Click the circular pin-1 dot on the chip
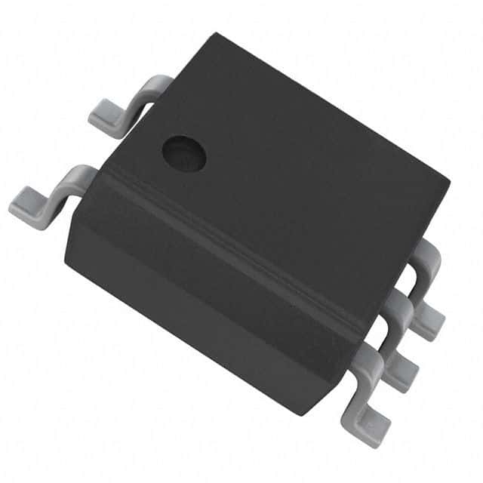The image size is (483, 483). click(x=184, y=152)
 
